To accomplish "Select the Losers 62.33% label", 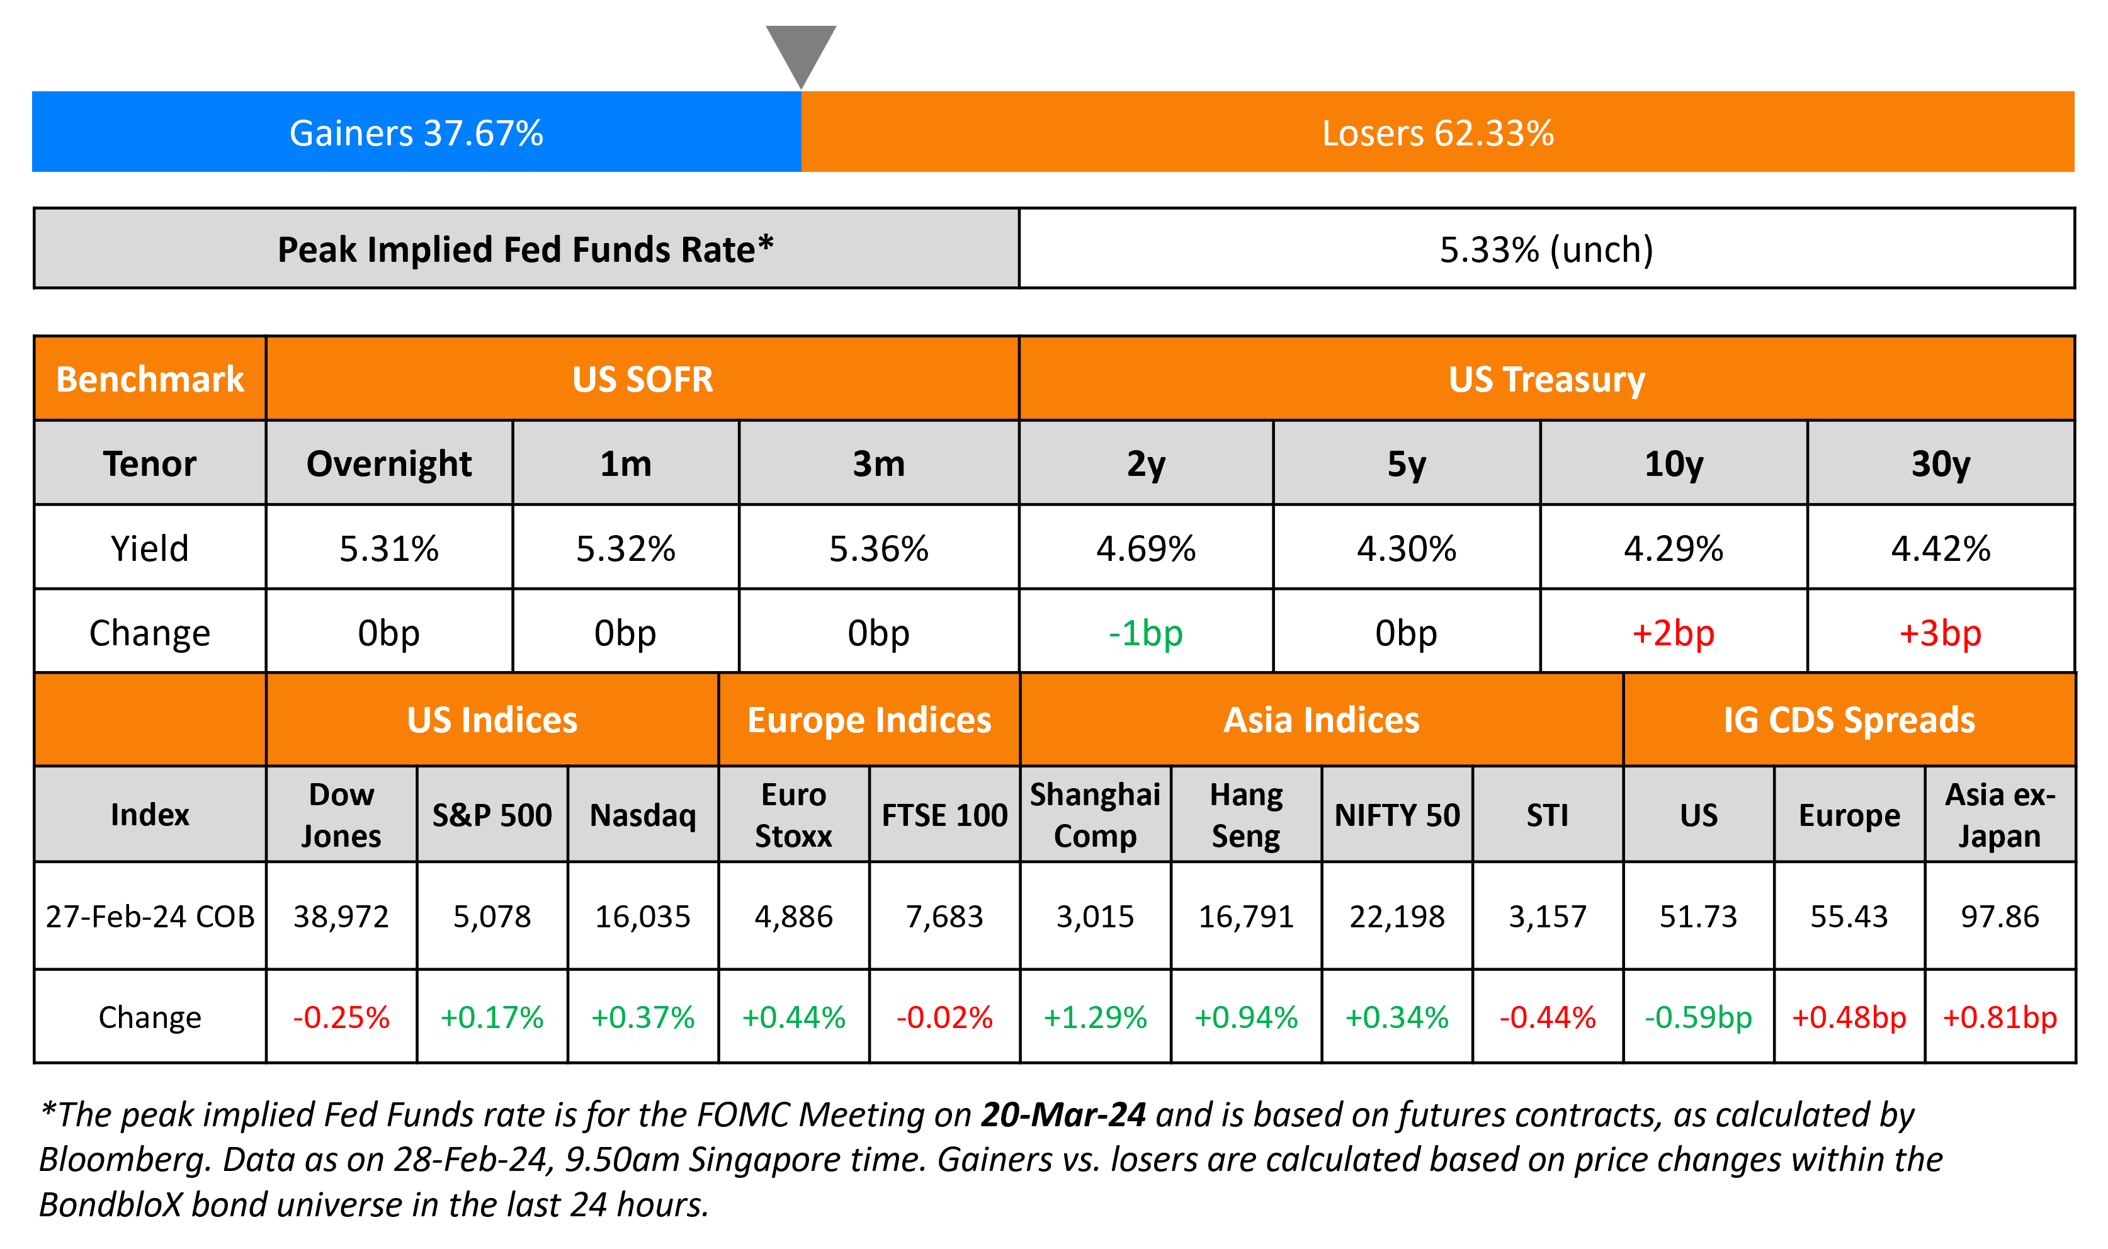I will [1437, 133].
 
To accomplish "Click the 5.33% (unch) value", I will [1546, 249].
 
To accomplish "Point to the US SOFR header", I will [642, 380].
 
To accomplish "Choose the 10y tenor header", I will [1673, 464].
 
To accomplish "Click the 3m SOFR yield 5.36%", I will [878, 549].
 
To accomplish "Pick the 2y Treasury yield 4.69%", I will [1145, 549].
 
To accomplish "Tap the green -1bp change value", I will [1145, 633].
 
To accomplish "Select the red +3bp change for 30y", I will [1940, 633].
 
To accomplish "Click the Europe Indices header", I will [870, 720].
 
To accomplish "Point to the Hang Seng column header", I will [1245, 815].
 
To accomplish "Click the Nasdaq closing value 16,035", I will [642, 917].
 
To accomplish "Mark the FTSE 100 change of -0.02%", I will [944, 1017].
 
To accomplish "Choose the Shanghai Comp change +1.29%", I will [1095, 1017].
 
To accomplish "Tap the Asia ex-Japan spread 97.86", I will [2000, 917].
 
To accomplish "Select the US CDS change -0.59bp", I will [1698, 1017].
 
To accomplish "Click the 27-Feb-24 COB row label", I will [150, 917].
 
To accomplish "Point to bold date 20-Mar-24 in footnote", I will [1063, 1114].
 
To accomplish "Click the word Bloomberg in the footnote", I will [123, 1160].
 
